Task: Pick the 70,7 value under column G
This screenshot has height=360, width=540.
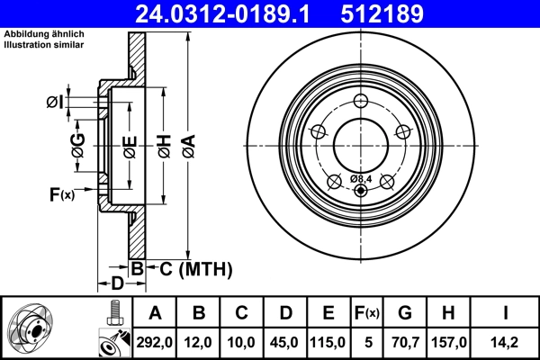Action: coord(405,343)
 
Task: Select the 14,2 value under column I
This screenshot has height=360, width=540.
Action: coord(505,343)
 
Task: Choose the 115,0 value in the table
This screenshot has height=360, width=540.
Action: coord(329,343)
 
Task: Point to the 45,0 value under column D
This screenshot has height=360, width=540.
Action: coord(286,343)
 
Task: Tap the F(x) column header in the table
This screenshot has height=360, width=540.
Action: coord(369,313)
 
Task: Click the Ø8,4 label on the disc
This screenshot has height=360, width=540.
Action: coord(362,178)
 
